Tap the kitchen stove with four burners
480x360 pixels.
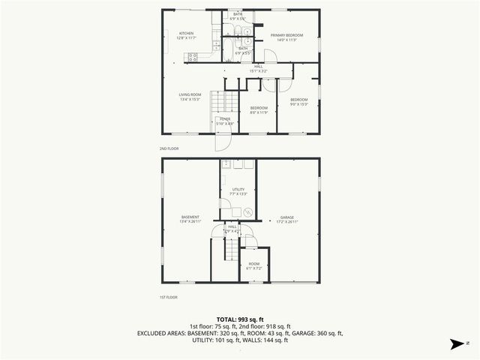[192, 55]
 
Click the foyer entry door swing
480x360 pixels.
[223, 141]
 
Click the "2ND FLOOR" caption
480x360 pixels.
[169, 148]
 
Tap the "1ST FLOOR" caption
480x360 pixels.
[169, 298]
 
